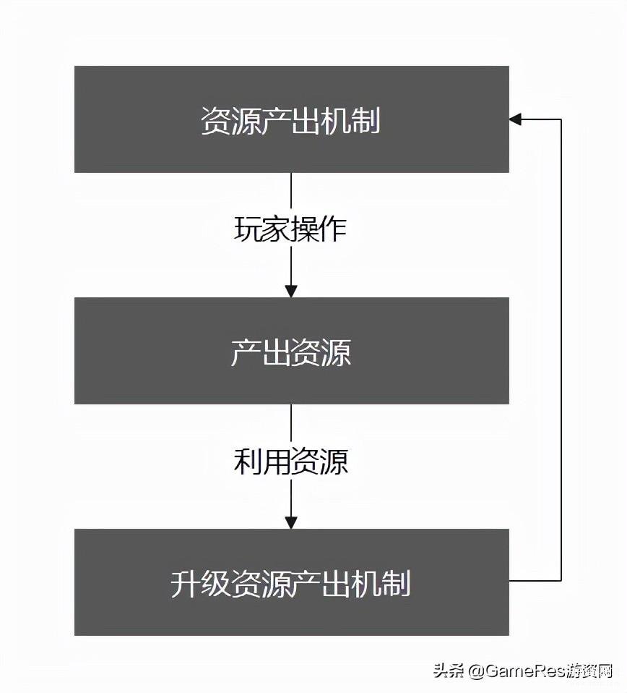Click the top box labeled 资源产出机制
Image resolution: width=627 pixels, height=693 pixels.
292,119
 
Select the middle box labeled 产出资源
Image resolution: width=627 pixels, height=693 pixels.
292,350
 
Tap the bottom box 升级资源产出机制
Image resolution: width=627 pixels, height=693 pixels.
292,582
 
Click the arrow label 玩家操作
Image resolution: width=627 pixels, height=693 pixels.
290,229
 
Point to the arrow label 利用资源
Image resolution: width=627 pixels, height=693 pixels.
291,461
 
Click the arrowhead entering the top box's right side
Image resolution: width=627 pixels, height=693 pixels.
515,119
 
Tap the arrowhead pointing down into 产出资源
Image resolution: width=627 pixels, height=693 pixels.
291,292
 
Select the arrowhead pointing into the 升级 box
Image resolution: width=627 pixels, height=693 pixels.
291,523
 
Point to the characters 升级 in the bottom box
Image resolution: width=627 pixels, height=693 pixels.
200,583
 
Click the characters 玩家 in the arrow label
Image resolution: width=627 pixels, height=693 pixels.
261,229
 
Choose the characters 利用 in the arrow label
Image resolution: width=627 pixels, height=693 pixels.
262,461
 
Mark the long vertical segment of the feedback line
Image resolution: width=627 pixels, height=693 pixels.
561,349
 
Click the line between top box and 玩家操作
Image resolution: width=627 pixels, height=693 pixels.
291,192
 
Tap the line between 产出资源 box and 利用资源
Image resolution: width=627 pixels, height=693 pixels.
291,424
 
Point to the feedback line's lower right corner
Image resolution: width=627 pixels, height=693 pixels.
561,580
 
